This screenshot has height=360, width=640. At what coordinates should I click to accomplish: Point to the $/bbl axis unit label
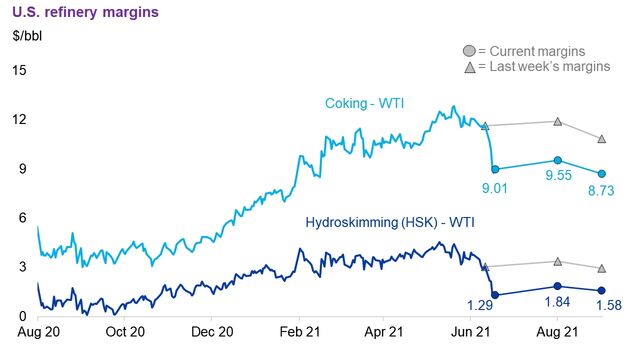point(29,37)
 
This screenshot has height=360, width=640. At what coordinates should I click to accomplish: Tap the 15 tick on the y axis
point(19,70)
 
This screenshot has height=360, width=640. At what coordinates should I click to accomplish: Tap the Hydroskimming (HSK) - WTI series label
point(385,218)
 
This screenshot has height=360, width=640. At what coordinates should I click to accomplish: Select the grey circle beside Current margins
point(469,51)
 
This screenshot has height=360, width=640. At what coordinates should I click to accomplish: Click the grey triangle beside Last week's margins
point(469,67)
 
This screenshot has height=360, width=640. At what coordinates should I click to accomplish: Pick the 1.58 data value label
point(603,305)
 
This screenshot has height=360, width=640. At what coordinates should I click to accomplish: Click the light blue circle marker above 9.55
point(558,160)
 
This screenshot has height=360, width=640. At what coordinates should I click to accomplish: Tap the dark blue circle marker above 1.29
point(496,294)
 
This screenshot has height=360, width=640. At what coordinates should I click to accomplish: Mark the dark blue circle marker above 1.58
point(601,290)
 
